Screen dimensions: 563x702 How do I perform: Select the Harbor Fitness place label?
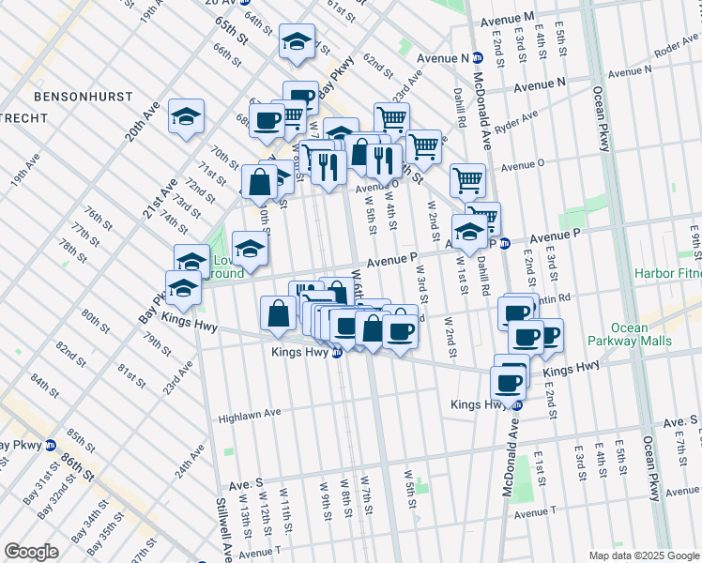tap(667, 274)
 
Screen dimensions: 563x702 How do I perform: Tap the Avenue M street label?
tap(506, 19)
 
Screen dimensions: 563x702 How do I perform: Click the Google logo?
tap(31, 552)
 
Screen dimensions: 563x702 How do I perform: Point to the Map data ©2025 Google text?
tap(643, 555)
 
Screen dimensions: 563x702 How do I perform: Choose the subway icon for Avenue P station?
tap(504, 244)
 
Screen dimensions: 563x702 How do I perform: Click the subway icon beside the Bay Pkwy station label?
tap(51, 445)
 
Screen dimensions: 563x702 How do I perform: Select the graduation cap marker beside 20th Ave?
tap(186, 118)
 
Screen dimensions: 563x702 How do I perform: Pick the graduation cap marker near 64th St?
tap(297, 43)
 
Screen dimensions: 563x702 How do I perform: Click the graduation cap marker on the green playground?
tap(250, 249)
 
